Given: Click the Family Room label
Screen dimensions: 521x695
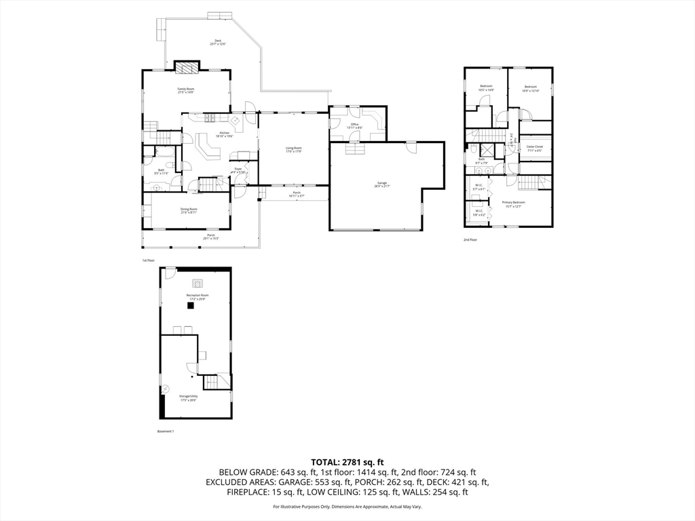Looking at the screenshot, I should (x=186, y=91).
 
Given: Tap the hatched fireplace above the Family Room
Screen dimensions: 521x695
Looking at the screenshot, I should (x=187, y=66).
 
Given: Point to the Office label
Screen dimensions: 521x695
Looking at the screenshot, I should (x=354, y=126).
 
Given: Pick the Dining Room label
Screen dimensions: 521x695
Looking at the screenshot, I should (x=189, y=210).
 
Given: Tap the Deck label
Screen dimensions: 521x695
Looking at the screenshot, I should (x=218, y=42).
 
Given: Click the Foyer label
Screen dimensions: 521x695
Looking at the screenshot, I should (x=238, y=170).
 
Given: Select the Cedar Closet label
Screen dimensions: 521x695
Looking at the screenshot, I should (x=535, y=148).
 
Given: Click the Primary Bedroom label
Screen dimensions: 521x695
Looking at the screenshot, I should (x=513, y=204).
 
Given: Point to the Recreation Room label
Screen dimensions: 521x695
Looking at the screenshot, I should (x=198, y=296).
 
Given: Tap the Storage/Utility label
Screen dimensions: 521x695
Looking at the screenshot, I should (x=189, y=399).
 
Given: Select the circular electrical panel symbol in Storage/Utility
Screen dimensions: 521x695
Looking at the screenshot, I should (x=165, y=389).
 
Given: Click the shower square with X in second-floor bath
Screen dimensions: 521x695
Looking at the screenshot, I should (x=487, y=151).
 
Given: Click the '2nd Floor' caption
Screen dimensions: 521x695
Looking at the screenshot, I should (x=470, y=240).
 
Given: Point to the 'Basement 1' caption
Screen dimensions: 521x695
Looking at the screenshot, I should (x=166, y=431).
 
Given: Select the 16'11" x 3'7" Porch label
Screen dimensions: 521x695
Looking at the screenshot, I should (x=297, y=194).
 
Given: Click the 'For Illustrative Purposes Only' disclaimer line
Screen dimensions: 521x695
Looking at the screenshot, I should (x=347, y=507).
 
